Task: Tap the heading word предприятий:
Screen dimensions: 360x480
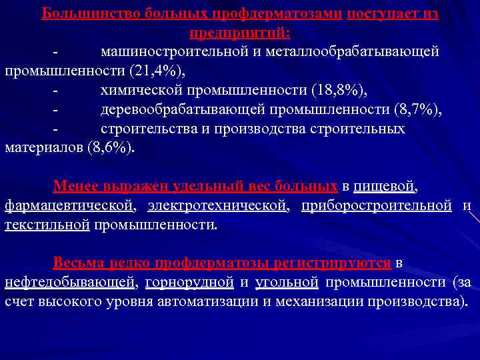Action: click(240, 33)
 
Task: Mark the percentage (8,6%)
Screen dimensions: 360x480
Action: click(110, 147)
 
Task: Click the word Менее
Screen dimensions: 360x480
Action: click(75, 186)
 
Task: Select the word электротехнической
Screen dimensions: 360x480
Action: click(218, 205)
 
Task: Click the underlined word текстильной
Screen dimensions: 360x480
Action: click(47, 225)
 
